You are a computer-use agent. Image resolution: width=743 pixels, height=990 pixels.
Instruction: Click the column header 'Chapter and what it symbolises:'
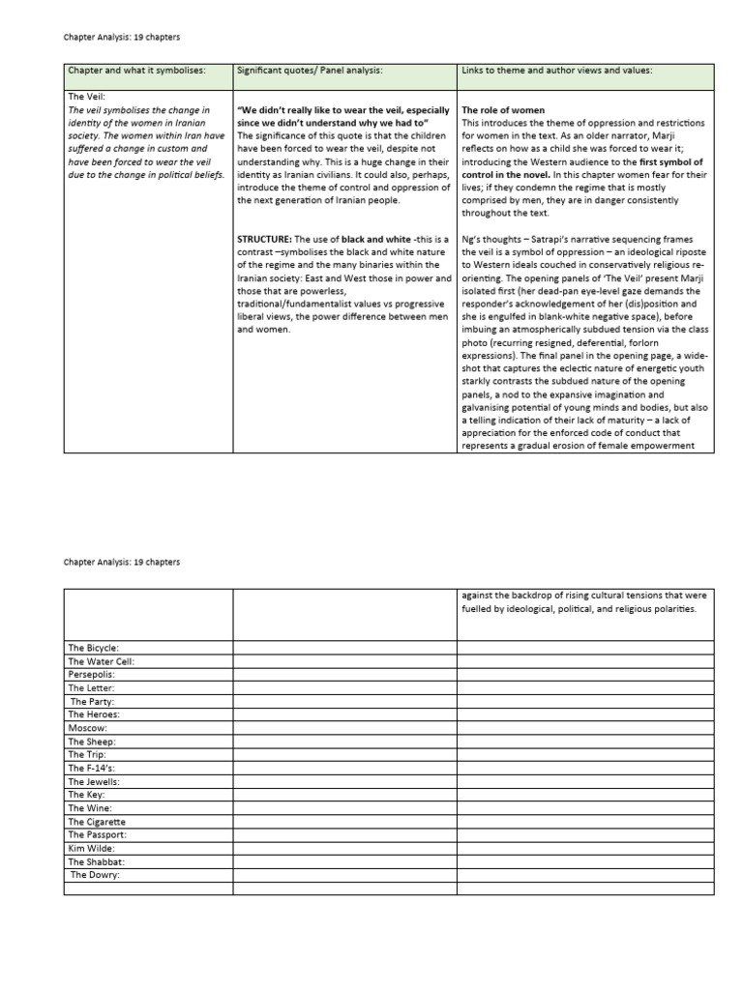pos(135,71)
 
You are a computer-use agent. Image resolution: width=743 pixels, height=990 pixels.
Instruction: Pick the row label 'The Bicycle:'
pos(93,647)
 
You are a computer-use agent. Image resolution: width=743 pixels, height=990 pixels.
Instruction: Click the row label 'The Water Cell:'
pos(101,660)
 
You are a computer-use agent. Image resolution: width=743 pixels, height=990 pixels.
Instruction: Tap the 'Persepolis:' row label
pos(92,674)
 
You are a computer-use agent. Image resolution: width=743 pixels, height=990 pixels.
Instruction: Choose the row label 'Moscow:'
pos(88,727)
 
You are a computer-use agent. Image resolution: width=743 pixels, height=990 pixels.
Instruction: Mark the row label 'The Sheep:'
pos(92,741)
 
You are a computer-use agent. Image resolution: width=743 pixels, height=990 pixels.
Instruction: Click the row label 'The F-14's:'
pos(92,768)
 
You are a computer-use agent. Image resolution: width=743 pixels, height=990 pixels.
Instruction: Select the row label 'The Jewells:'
pos(94,781)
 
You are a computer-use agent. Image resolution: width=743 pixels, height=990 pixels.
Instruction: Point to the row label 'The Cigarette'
pos(97,821)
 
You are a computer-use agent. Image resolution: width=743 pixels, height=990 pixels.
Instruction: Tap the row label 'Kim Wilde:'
pos(91,848)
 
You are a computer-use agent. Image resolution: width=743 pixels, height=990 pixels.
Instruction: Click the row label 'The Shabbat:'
pos(96,861)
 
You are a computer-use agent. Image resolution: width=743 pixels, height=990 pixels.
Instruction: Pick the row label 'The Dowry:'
pos(95,875)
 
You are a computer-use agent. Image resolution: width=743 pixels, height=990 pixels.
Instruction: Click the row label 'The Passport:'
pos(97,834)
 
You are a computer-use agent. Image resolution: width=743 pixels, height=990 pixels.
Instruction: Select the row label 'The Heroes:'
pos(95,713)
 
